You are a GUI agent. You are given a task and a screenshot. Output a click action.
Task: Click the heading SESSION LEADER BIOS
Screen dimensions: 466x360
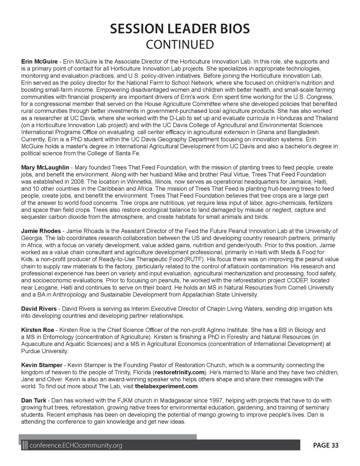tap(180, 29)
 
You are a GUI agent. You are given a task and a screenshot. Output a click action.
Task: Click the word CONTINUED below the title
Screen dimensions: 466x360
tap(180, 45)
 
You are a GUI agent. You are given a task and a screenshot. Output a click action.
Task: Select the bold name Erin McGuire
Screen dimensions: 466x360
tap(39, 62)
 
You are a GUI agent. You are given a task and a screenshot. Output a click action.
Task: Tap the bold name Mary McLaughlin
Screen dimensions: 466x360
tap(45, 167)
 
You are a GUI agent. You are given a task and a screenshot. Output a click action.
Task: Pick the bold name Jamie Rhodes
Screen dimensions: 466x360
tap(41, 231)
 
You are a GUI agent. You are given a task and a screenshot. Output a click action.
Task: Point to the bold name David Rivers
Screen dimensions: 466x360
tap(39, 309)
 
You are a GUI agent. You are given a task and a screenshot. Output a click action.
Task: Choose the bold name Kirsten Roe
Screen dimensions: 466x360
tap(38, 330)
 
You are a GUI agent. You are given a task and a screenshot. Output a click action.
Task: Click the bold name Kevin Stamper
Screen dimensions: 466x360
tap(41, 365)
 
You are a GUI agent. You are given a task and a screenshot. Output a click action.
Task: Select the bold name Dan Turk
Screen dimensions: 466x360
tap(34, 401)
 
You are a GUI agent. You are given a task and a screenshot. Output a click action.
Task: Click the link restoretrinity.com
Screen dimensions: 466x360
tap(179, 372)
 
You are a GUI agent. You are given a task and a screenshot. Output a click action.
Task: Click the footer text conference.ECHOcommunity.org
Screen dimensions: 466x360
tap(76, 446)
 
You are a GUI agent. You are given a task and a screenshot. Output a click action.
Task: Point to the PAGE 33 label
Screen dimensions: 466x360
tap(326, 446)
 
